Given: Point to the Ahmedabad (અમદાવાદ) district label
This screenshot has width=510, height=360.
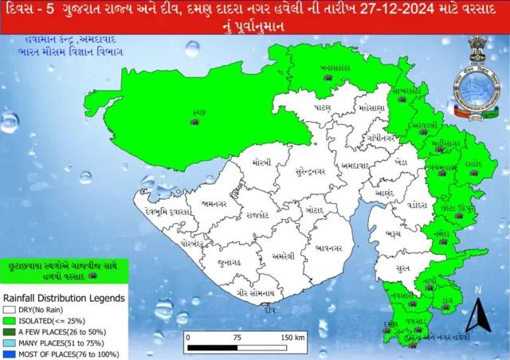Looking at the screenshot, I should click(353, 165).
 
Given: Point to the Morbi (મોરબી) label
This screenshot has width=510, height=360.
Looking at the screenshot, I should click(261, 162).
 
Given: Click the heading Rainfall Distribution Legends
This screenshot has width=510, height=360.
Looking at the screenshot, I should click(63, 298).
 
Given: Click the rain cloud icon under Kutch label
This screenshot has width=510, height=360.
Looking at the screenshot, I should click(194, 122).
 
